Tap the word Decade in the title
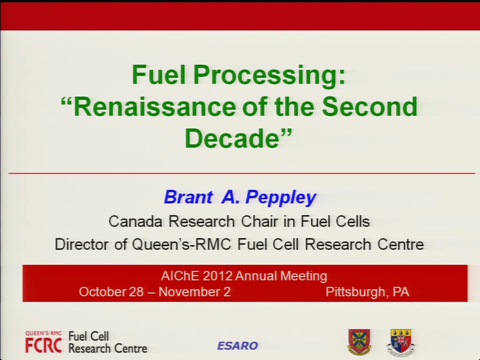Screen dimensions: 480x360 coord(232,138)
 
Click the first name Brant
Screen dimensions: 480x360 coord(188,197)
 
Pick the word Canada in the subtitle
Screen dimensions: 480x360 coord(135,221)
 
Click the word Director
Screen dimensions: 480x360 coord(82,244)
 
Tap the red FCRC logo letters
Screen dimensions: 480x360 coord(44,345)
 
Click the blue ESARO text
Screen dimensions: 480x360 coord(238,346)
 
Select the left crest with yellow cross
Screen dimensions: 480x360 coord(359,342)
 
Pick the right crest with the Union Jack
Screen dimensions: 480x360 coord(401,342)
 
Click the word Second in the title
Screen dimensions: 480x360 coord(370,106)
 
